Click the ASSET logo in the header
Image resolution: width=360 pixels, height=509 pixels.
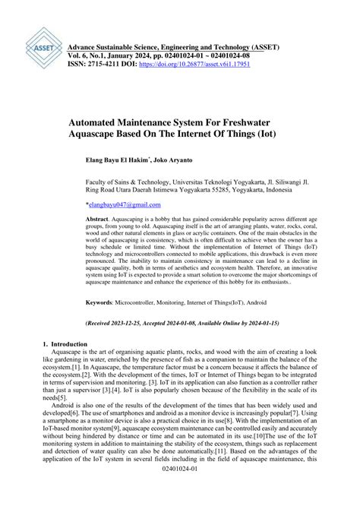point(39,47)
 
